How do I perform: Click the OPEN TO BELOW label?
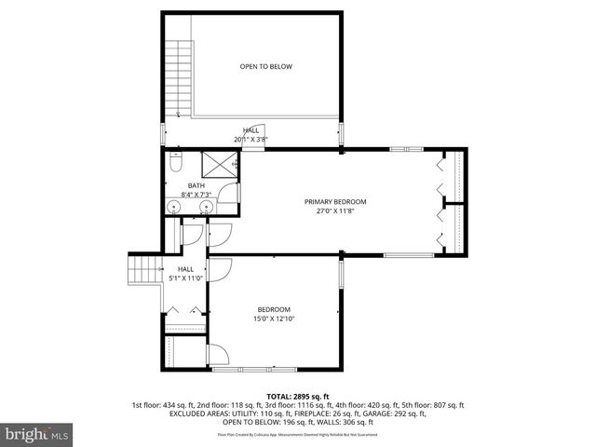pyautogui.click(x=266, y=67)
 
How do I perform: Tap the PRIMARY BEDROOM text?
pyautogui.click(x=335, y=202)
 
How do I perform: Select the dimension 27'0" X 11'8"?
pyautogui.click(x=335, y=211)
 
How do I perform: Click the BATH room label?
pyautogui.click(x=196, y=185)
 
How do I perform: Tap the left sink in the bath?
pyautogui.click(x=174, y=207)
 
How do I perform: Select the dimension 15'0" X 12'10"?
pyautogui.click(x=274, y=319)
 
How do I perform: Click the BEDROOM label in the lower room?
pyautogui.click(x=274, y=310)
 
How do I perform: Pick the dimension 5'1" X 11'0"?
pyautogui.click(x=185, y=278)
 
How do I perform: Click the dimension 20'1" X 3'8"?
pyautogui.click(x=251, y=140)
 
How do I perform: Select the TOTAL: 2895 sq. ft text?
pyautogui.click(x=298, y=397)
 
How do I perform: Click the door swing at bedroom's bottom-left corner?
pyautogui.click(x=217, y=355)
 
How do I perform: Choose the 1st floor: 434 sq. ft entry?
pyautogui.click(x=165, y=405)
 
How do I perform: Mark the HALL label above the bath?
pyautogui.click(x=251, y=130)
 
